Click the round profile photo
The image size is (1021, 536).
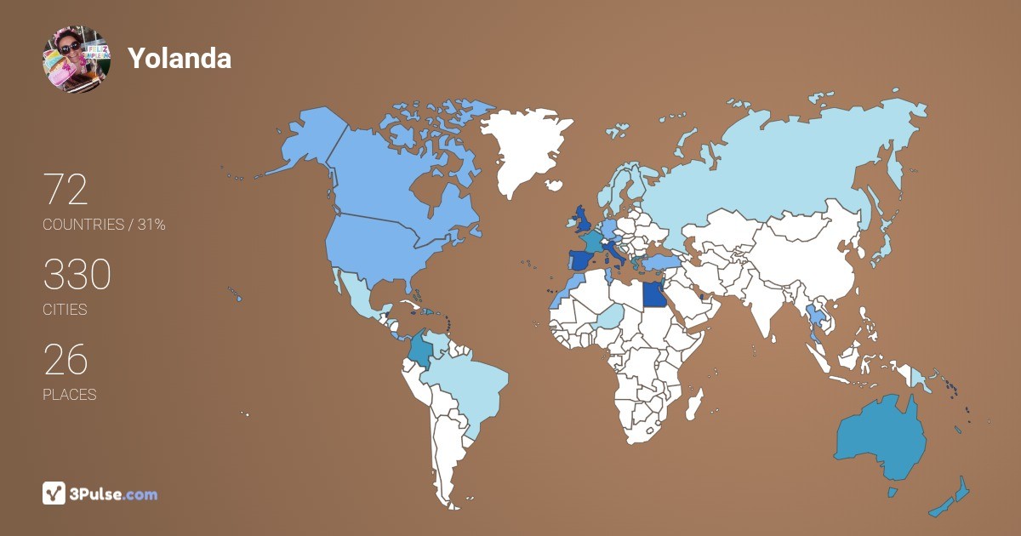[76, 59]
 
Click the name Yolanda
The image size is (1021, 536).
[180, 58]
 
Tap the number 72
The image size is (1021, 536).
[66, 191]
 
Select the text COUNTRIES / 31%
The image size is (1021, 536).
[104, 225]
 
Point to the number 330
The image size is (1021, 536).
[77, 276]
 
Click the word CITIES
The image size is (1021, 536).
[65, 310]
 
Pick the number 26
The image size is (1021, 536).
[66, 361]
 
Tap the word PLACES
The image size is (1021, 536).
[69, 395]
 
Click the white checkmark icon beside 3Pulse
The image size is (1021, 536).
[54, 493]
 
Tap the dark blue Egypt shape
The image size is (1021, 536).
[653, 295]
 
